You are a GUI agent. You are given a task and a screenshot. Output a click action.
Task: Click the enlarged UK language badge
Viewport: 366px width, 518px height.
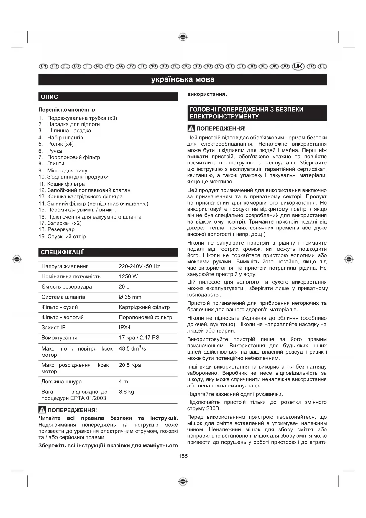298,66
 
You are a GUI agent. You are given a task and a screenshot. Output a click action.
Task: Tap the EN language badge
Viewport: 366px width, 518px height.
43,66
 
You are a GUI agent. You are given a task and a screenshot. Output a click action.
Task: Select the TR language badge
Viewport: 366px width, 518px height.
311,66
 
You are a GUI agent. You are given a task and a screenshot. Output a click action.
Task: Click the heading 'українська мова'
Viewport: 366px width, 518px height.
183,79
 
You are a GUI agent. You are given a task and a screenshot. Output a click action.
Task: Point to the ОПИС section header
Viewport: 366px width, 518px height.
49,97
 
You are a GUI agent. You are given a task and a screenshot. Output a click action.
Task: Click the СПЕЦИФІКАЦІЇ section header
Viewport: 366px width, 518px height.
62,253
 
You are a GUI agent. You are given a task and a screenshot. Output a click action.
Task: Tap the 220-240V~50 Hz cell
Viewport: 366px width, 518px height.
139,266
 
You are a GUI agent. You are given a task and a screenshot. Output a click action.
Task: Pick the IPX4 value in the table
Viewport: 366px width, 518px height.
124,328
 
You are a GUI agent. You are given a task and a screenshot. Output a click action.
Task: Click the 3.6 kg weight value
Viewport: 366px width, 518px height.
126,392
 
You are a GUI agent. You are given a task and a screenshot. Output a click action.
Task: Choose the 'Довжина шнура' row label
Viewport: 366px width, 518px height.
62,382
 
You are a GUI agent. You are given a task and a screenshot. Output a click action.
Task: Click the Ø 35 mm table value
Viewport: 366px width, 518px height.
130,297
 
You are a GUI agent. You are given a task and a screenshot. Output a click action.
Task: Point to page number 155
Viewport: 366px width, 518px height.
183,456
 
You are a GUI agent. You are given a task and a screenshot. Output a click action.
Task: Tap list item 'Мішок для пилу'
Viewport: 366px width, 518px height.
67,171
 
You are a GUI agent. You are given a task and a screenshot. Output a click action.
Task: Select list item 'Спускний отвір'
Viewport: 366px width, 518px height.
66,237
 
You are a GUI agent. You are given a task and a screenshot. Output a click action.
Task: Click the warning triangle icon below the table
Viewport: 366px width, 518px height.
42,410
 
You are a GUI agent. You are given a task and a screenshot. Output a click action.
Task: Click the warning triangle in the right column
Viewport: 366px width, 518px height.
191,128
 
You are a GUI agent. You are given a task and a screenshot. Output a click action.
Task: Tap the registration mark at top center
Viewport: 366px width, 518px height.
183,37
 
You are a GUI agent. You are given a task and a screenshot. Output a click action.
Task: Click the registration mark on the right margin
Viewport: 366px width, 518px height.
349,259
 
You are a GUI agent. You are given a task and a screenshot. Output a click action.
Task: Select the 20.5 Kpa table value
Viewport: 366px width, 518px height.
130,365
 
